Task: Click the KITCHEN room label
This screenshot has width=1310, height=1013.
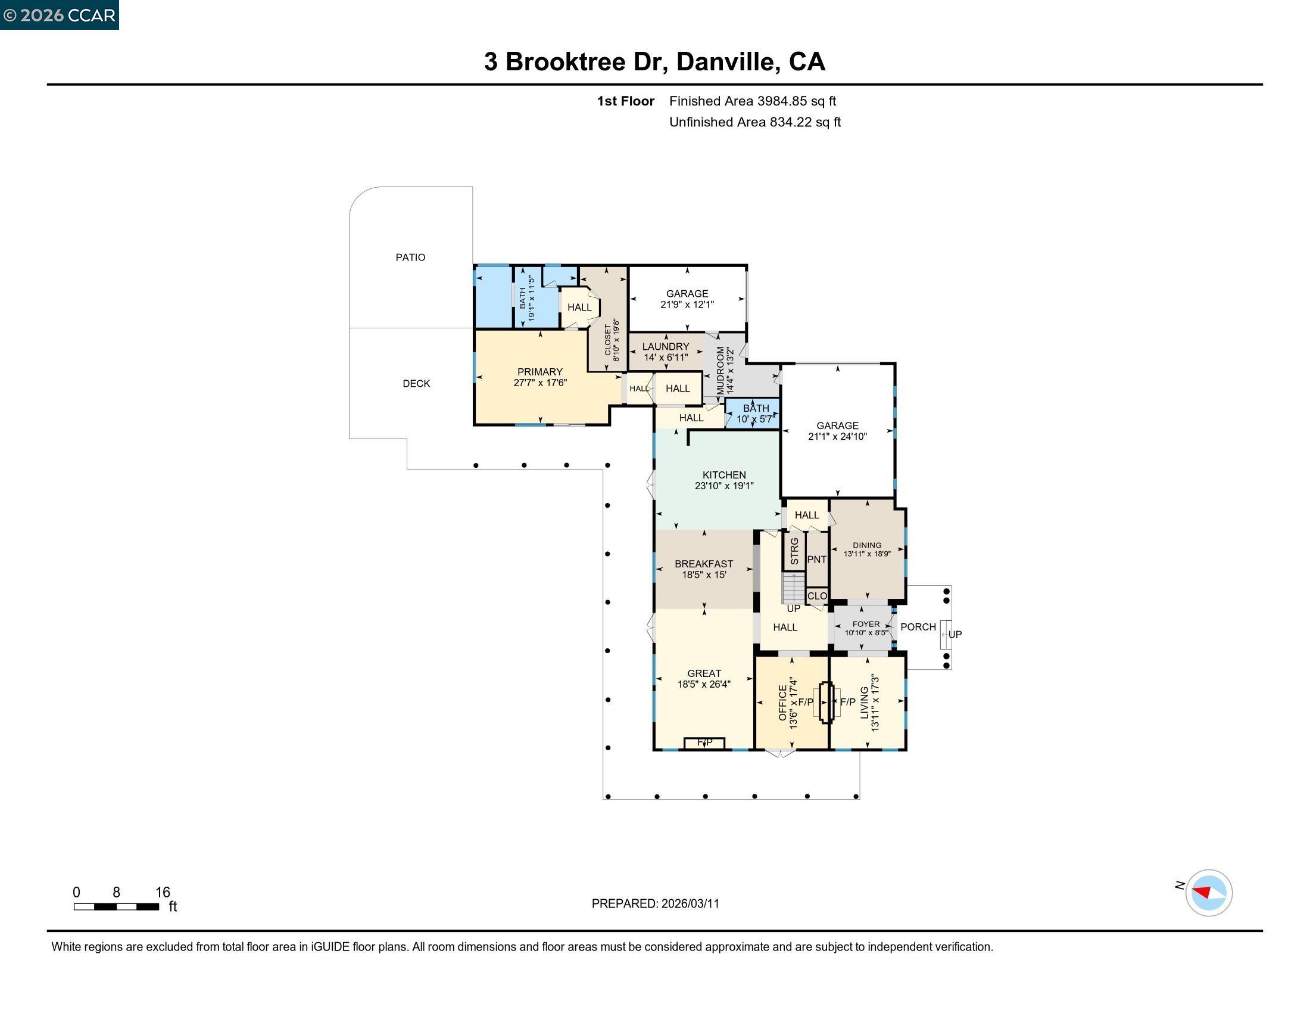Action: tap(724, 475)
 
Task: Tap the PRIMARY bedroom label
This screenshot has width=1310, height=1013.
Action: tap(540, 371)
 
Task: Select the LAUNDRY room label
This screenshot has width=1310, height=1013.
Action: tap(665, 346)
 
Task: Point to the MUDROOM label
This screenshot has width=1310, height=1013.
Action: tap(720, 370)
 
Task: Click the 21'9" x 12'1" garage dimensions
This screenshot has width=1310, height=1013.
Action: tap(687, 304)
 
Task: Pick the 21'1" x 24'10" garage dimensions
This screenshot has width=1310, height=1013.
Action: tap(837, 436)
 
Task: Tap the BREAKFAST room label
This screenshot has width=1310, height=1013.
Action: tap(704, 564)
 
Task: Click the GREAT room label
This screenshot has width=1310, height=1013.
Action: tap(704, 673)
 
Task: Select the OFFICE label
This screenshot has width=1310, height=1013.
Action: tap(782, 702)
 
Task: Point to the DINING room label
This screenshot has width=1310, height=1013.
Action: tap(867, 545)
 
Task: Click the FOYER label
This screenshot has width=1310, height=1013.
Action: tap(866, 623)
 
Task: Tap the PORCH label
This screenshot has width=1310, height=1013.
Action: tap(918, 626)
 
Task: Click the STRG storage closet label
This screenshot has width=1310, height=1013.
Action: tap(794, 551)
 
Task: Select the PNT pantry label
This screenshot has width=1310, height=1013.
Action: tap(816, 560)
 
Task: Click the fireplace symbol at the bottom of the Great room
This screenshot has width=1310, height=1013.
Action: tap(704, 743)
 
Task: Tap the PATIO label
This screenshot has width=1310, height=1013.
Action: tap(410, 257)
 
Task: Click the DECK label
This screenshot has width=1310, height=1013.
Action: tap(416, 383)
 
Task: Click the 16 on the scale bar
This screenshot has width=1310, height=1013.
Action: tap(163, 892)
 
